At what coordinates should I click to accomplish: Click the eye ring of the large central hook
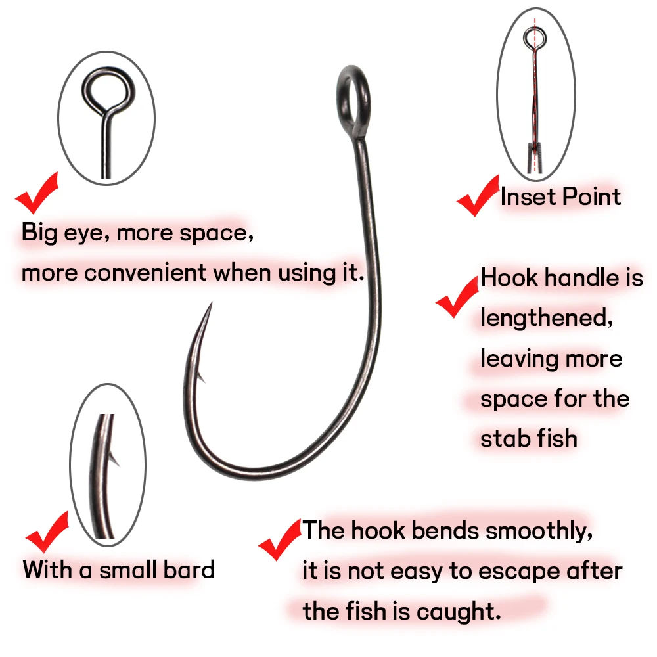[x=340, y=101]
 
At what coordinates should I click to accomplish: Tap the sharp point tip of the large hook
[x=212, y=303]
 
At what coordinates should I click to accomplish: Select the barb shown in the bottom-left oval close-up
[x=114, y=459]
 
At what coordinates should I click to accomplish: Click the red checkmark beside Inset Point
[x=478, y=197]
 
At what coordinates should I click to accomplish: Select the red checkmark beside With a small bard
[x=47, y=533]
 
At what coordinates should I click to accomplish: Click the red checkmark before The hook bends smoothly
[x=279, y=540]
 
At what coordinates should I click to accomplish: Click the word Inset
[x=528, y=196]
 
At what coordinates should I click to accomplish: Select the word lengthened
[x=547, y=317]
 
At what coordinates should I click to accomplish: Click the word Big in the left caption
[x=39, y=233]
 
